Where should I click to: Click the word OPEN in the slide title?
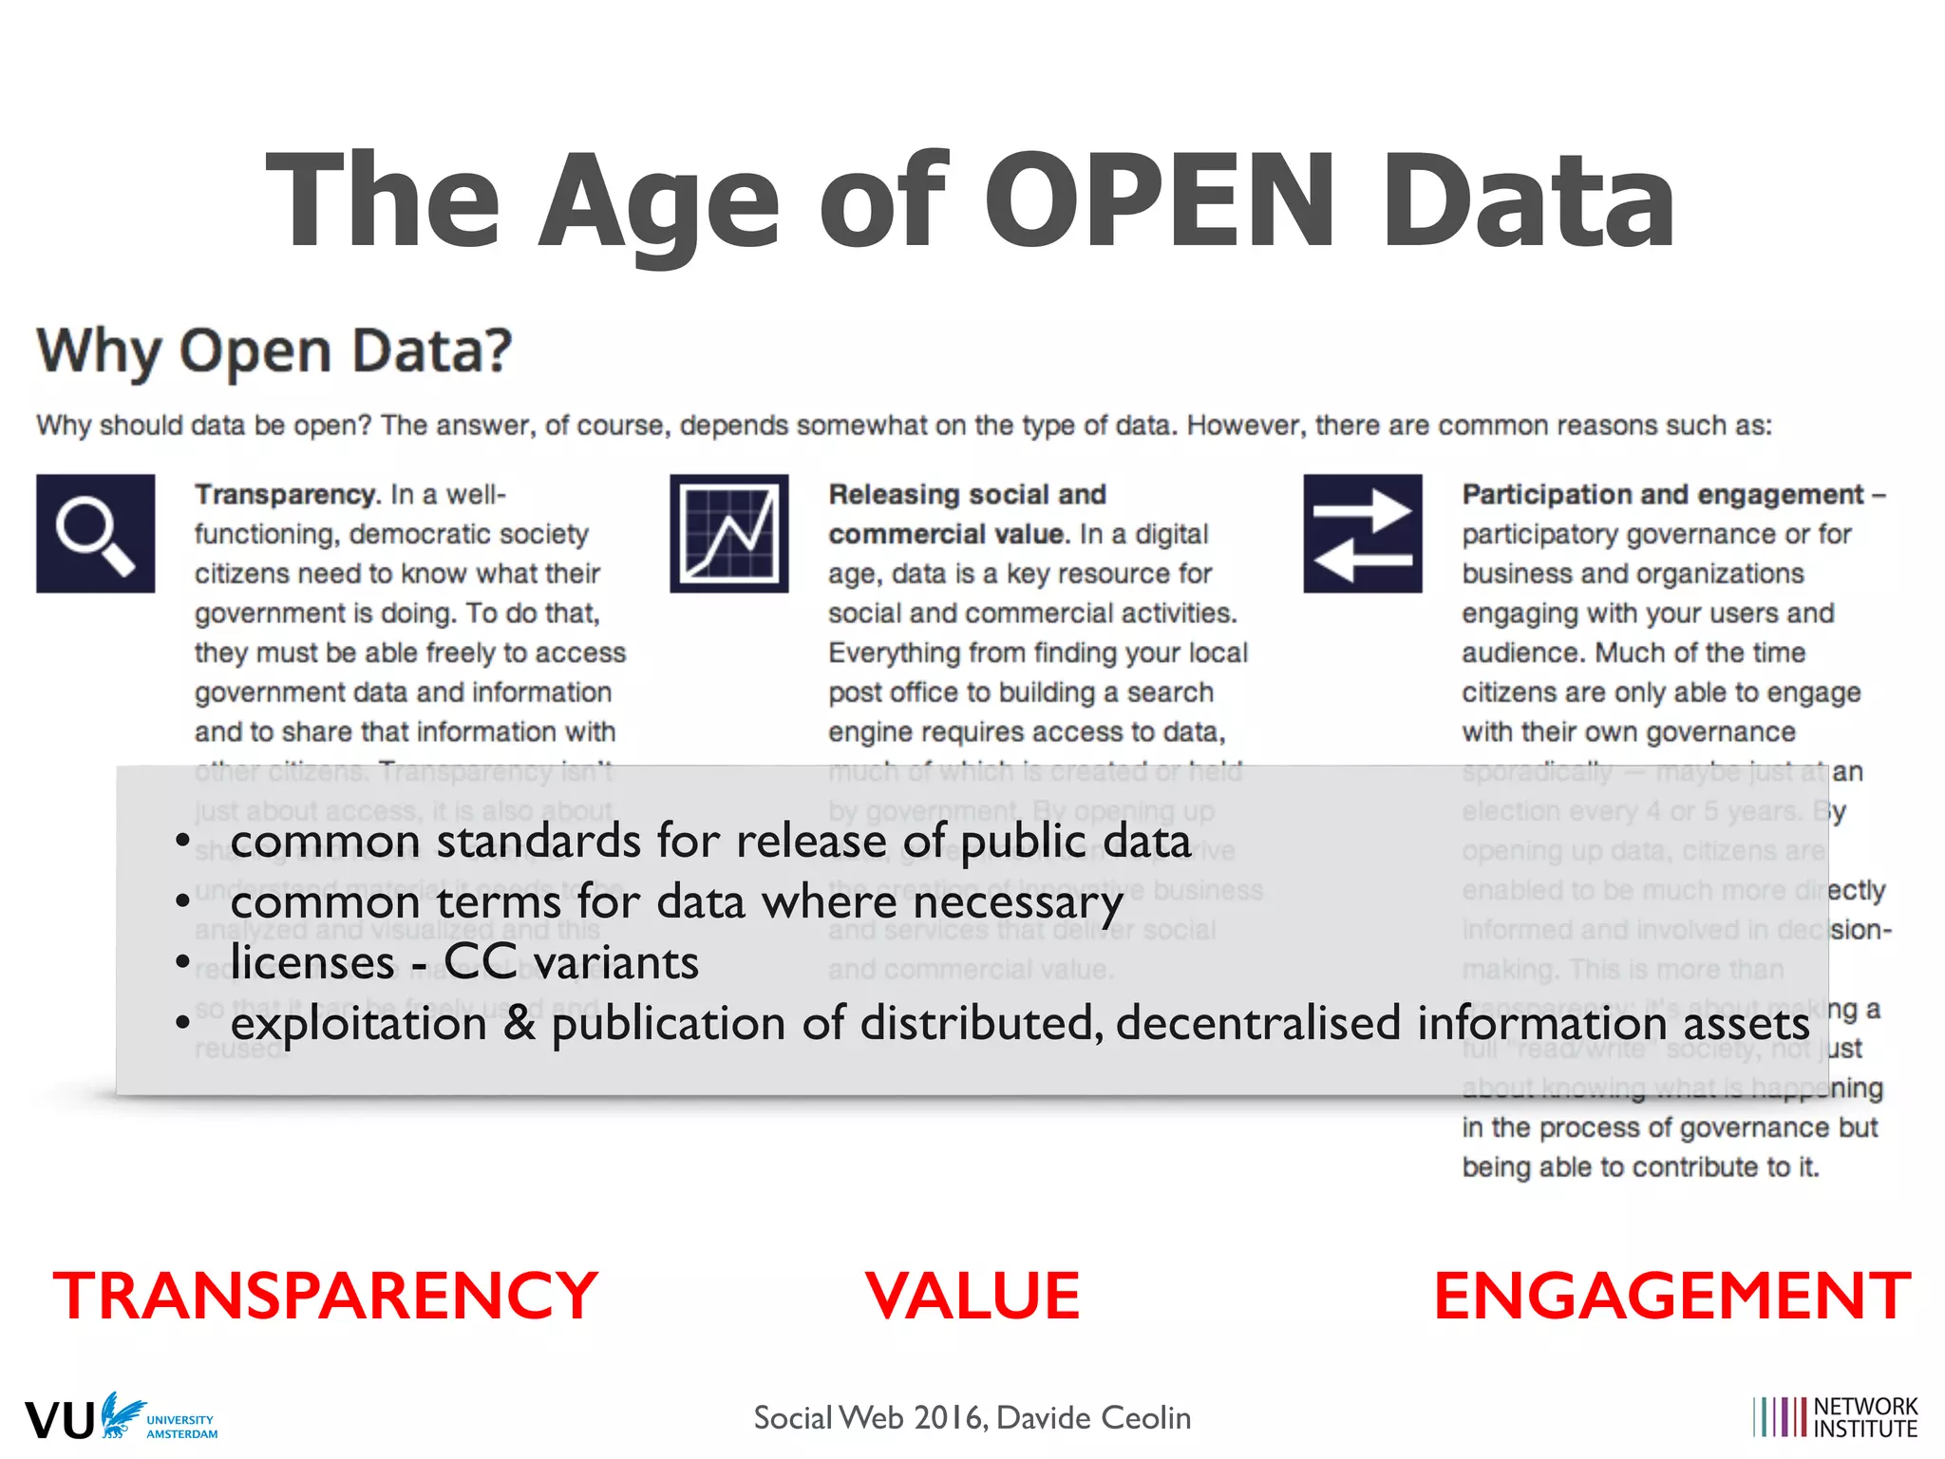click(x=1161, y=201)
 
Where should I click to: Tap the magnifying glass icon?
click(x=95, y=534)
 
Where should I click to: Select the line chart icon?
click(x=728, y=534)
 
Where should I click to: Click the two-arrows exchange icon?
click(x=1362, y=534)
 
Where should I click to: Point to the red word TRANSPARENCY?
click(x=325, y=1296)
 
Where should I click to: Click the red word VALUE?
click(x=972, y=1296)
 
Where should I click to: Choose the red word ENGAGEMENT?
click(x=1671, y=1296)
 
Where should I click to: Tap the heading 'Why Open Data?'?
click(x=274, y=351)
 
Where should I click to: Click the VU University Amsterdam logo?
click(x=122, y=1418)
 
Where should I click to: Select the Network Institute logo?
click(x=1835, y=1417)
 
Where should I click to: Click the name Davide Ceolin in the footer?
click(x=1093, y=1418)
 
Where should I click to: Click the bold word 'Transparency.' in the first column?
click(x=287, y=495)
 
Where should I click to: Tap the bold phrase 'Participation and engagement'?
click(x=1662, y=495)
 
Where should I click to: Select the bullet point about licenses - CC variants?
click(x=464, y=963)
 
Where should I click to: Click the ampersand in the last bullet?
click(x=519, y=1023)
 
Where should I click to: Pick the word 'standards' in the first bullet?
click(x=538, y=842)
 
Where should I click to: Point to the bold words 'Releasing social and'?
click(x=967, y=495)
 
